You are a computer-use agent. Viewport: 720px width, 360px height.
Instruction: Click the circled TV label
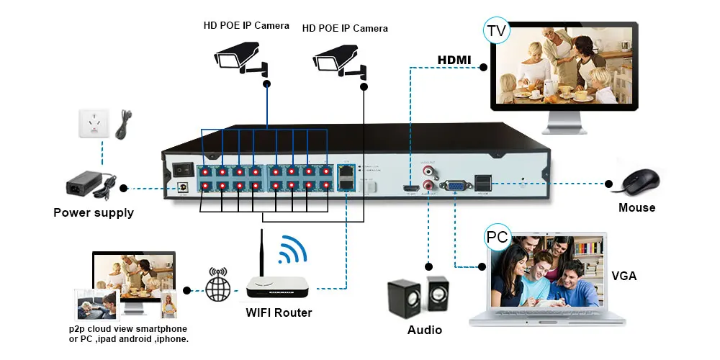click(x=495, y=32)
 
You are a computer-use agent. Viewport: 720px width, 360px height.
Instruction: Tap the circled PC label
click(x=497, y=237)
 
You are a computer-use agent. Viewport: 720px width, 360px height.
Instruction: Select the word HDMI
click(x=454, y=60)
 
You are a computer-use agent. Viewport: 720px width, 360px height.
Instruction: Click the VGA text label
click(x=624, y=276)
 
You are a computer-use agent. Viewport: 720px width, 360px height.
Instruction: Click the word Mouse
click(x=637, y=207)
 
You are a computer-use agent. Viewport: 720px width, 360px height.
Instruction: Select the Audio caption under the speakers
click(x=424, y=330)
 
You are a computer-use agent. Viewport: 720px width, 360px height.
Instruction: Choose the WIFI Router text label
click(x=279, y=312)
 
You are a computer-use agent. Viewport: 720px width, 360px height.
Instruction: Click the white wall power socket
click(x=92, y=124)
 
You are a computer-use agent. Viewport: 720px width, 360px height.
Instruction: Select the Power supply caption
click(x=94, y=212)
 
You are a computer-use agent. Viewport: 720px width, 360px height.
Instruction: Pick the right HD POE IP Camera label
click(x=345, y=29)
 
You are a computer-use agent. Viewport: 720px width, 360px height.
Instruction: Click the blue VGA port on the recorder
click(x=455, y=185)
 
